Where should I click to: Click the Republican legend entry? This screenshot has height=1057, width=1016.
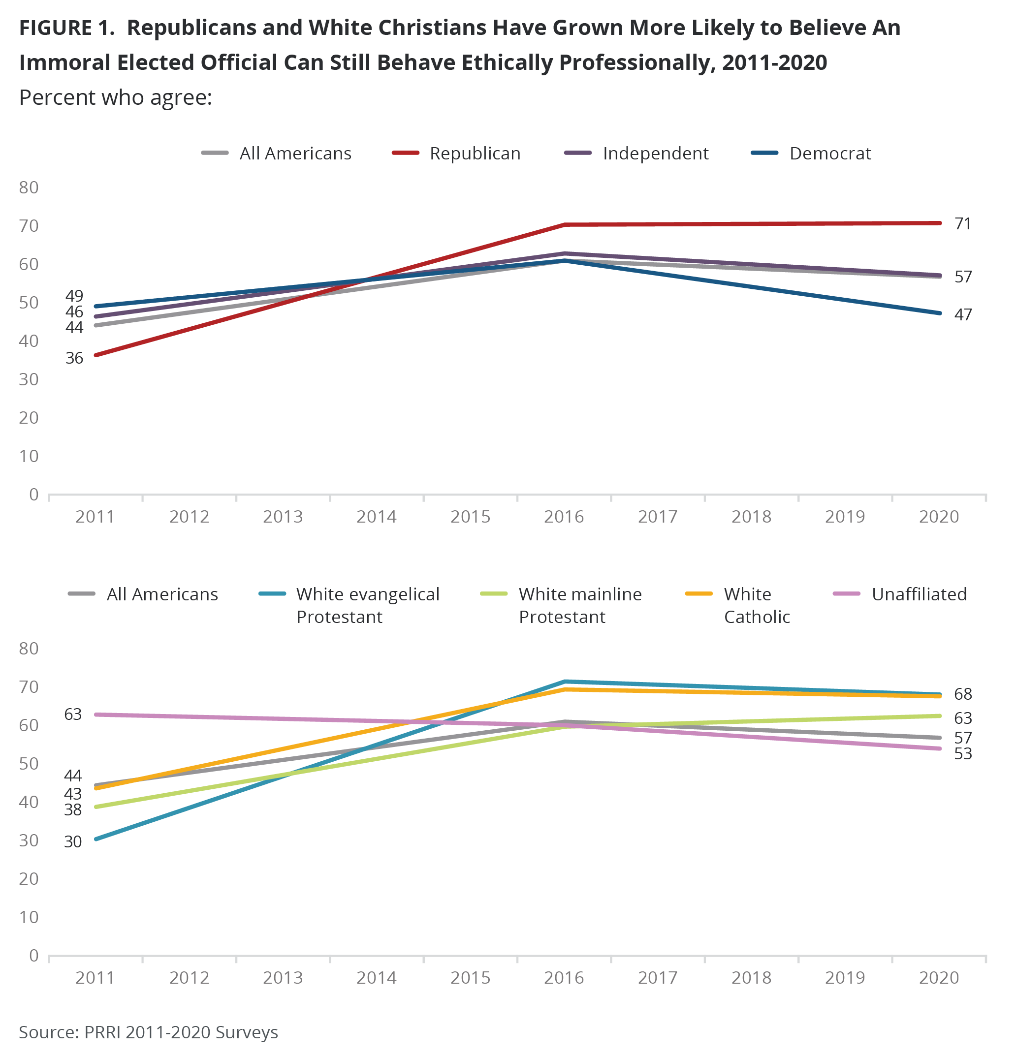tap(456, 154)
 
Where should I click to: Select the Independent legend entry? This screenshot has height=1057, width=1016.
tap(636, 154)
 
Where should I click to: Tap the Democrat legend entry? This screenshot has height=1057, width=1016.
tap(811, 154)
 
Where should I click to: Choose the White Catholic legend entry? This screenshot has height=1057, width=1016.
tap(737, 605)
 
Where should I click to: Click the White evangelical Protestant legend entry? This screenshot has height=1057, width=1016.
tap(349, 605)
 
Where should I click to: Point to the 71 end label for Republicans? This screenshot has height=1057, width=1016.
tap(962, 224)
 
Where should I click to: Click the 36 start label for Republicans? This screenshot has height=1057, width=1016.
tap(74, 358)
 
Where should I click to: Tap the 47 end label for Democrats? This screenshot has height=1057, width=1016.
tap(962, 314)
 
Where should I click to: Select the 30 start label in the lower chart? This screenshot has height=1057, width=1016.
tap(73, 841)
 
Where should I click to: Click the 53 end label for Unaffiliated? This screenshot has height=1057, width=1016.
tap(962, 753)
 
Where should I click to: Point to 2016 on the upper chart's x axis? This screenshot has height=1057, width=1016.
tap(564, 517)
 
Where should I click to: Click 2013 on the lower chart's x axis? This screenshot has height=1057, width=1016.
tap(283, 978)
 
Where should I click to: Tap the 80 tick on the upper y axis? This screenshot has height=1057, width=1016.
tap(29, 187)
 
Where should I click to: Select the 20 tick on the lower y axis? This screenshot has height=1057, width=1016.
tap(29, 879)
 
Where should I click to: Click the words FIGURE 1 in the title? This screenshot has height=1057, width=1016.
tap(67, 28)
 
